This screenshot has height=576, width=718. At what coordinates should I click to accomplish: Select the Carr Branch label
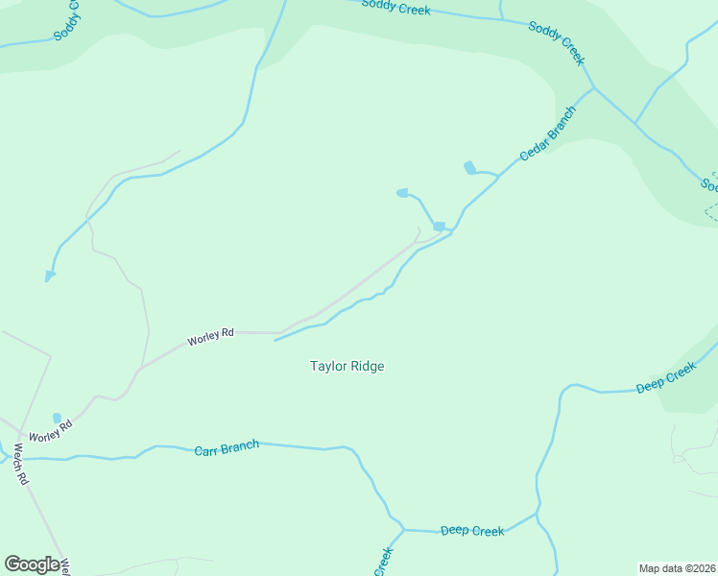coord(227,447)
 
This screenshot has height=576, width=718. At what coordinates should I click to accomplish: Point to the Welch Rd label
coord(20,465)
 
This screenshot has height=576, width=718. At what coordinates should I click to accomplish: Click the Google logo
coord(32,564)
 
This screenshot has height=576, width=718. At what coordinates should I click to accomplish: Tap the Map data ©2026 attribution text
coord(677,568)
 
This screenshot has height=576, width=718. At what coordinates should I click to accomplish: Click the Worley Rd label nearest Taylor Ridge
coord(210,337)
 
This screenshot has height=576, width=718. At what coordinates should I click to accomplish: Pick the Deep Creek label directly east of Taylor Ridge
coord(666,377)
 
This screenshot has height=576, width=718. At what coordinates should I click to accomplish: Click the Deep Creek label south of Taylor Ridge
coord(471,531)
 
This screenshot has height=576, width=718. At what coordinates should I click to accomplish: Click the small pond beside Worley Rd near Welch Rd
coord(57,418)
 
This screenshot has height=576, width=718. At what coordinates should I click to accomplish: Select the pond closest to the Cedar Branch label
coord(469,168)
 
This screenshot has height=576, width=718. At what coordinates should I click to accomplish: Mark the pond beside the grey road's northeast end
coord(439,227)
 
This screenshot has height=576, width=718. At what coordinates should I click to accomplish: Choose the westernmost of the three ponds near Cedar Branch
coord(402,193)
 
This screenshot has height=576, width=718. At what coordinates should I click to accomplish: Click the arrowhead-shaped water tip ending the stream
coord(50,276)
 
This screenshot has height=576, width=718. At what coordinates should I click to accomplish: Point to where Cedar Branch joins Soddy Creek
coord(593,88)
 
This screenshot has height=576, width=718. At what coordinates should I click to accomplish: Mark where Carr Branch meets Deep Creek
coord(403,529)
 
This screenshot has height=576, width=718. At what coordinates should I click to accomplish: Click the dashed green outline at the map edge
coord(710,211)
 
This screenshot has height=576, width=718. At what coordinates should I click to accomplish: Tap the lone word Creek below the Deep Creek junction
coord(384,561)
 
